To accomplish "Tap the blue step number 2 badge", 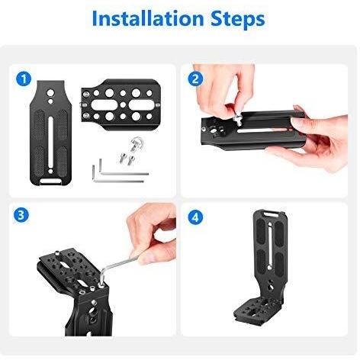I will (197, 79).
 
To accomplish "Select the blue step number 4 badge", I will (197, 217).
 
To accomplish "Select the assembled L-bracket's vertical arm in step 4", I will (265, 263).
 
